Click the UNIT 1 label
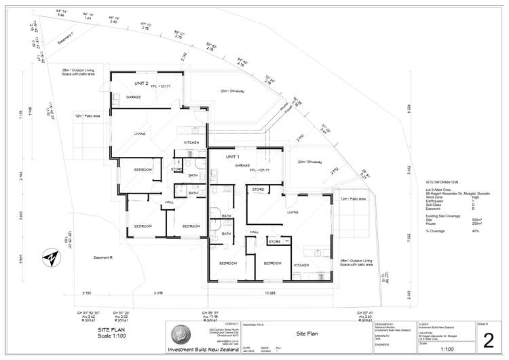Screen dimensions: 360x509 coord(222,158)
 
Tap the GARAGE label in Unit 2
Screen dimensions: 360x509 coord(133,98)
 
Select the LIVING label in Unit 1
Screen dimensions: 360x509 coord(293,212)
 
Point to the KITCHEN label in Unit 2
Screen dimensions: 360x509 coord(191,142)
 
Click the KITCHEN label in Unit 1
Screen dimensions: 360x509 coord(301,264)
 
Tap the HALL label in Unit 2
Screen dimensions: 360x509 coord(170,202)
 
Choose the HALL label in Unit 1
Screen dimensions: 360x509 coord(254,232)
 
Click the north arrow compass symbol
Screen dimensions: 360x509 coord(49,258)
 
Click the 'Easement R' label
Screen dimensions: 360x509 coord(102,257)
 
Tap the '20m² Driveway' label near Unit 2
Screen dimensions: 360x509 coord(232,90)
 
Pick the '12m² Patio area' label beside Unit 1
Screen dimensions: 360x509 coord(353,199)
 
